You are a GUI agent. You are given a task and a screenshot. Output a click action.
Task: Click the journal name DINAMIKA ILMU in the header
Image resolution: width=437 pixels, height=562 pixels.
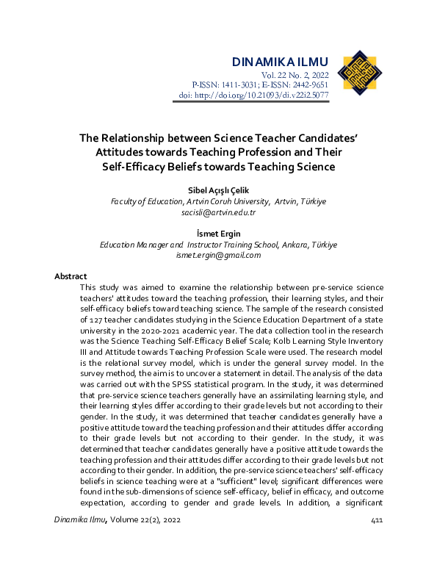[x=279, y=61]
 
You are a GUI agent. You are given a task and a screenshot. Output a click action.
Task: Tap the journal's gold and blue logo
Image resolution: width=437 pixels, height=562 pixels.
[x=359, y=74]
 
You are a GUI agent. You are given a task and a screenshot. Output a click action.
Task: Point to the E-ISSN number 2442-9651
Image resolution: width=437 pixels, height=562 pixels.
[x=310, y=85]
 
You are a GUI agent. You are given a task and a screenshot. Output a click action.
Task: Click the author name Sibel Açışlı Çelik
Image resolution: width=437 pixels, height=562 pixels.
[x=218, y=190]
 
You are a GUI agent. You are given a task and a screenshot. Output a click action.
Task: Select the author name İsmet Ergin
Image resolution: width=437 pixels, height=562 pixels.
[x=218, y=234]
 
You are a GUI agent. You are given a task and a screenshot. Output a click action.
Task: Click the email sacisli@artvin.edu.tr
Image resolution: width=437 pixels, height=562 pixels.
[x=218, y=212]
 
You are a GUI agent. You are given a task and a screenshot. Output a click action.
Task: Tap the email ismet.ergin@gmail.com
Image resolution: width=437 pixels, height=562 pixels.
[x=218, y=255]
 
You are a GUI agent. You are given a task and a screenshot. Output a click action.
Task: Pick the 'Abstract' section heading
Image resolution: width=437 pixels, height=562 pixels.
[x=71, y=276]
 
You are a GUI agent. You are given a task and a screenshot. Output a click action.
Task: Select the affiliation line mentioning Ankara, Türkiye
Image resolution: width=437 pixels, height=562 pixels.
[x=218, y=245]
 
